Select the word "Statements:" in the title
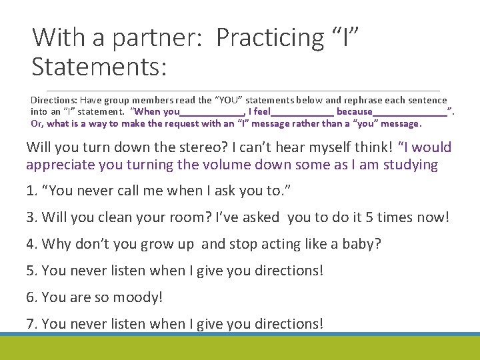coord(99,67)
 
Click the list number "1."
coord(31,191)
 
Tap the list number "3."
coord(31,217)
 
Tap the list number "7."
coord(31,324)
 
